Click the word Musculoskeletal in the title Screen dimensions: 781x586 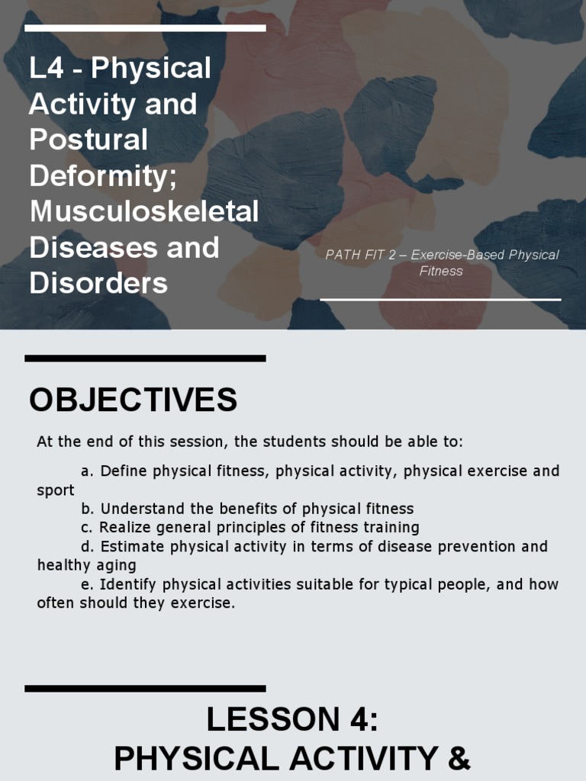tap(144, 211)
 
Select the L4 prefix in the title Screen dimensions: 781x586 tap(45, 68)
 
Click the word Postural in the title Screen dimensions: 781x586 tap(89, 139)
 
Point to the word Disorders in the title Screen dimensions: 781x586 tap(98, 283)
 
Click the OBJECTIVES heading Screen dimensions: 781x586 tap(133, 400)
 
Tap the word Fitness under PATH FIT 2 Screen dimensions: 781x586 tap(440, 271)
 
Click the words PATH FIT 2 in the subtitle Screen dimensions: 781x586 tap(361, 255)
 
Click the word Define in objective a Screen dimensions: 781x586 tap(124, 471)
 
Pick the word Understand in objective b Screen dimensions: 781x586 tap(138, 509)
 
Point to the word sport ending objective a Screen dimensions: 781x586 tap(56, 490)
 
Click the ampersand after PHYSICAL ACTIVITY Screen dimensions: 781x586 tap(458, 759)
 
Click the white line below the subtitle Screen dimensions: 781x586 tap(440, 299)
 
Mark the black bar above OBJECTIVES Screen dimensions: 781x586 tap(145, 358)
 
